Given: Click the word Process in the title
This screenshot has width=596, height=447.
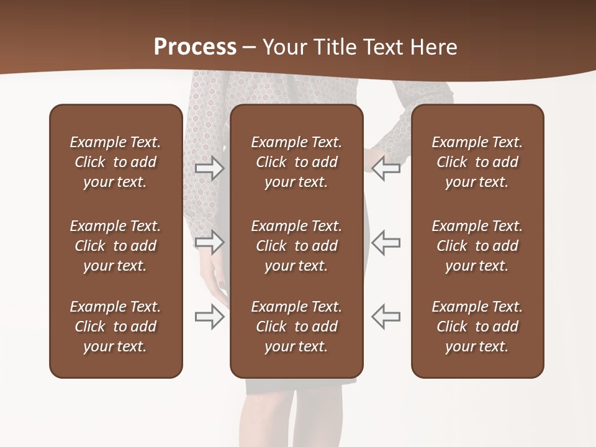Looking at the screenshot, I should [195, 47].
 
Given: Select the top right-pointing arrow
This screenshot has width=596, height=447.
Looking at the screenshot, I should [210, 168].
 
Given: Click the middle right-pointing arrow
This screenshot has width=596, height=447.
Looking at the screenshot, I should [210, 242].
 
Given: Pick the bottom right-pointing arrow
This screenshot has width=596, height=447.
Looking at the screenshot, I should [210, 317].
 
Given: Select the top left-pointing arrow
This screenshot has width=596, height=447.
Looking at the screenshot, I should [386, 168].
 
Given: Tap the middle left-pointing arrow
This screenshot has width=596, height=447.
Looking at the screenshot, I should [386, 242].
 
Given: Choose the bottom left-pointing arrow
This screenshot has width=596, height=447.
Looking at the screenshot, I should [386, 317].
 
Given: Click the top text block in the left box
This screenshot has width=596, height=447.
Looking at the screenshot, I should [115, 162].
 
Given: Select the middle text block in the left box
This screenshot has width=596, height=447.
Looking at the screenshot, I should [115, 246].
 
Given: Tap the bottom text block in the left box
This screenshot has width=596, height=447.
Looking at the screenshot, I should [115, 327].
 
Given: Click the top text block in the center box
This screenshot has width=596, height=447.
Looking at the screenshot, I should [296, 162].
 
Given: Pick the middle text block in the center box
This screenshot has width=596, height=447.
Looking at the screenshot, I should [296, 246].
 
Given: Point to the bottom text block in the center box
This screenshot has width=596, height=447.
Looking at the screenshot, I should [296, 327].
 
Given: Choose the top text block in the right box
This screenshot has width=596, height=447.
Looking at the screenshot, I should [477, 162].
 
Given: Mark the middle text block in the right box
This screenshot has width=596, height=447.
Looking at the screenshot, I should [477, 246].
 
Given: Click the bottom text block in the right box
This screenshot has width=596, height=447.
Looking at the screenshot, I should [477, 327].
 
